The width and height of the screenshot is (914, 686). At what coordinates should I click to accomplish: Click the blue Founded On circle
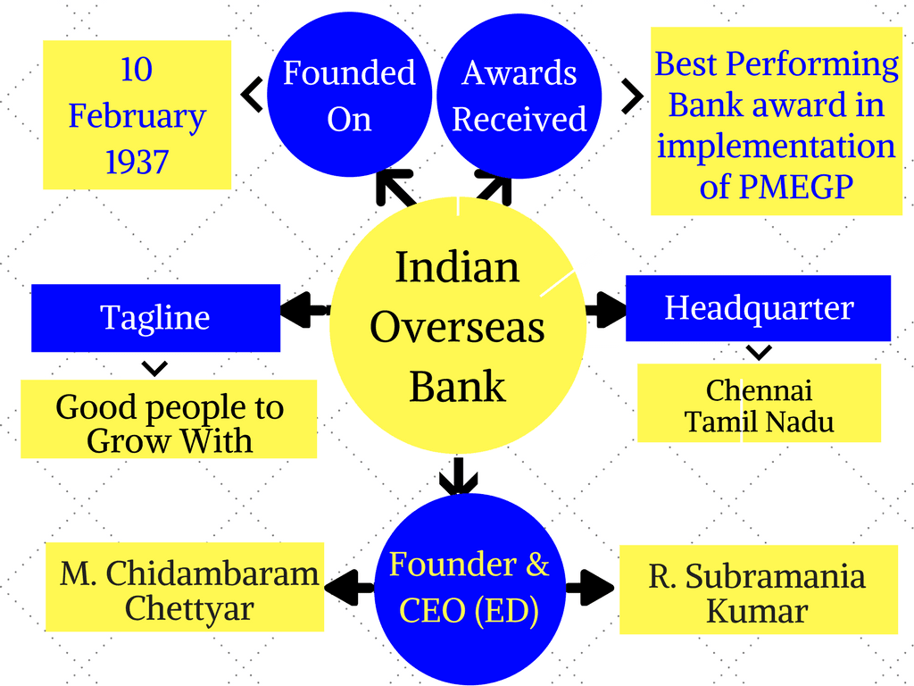349,96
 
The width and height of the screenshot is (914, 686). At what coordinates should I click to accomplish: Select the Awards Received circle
519,96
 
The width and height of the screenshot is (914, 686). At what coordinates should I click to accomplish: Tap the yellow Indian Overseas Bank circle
458,326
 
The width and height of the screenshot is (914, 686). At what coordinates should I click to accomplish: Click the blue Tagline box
155,317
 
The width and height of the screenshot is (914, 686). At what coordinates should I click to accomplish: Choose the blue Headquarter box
758,308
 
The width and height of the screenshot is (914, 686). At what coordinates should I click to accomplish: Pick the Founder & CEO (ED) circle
469,588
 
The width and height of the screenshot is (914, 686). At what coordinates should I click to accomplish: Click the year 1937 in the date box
137,162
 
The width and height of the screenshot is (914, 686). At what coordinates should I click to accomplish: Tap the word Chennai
759,390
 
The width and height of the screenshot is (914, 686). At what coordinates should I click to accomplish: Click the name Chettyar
189,608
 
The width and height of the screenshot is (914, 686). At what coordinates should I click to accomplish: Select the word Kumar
757,612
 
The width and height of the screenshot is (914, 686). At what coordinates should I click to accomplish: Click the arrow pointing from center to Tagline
303,310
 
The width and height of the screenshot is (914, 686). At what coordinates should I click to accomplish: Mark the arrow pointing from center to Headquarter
607,310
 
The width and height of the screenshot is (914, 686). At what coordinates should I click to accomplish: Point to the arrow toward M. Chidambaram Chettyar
348,588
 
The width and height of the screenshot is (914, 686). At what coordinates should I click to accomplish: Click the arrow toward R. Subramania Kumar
590,588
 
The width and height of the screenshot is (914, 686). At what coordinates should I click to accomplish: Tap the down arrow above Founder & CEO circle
459,477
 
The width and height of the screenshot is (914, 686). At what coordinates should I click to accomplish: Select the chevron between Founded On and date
253,95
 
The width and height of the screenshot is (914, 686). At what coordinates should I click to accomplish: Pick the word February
137,116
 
